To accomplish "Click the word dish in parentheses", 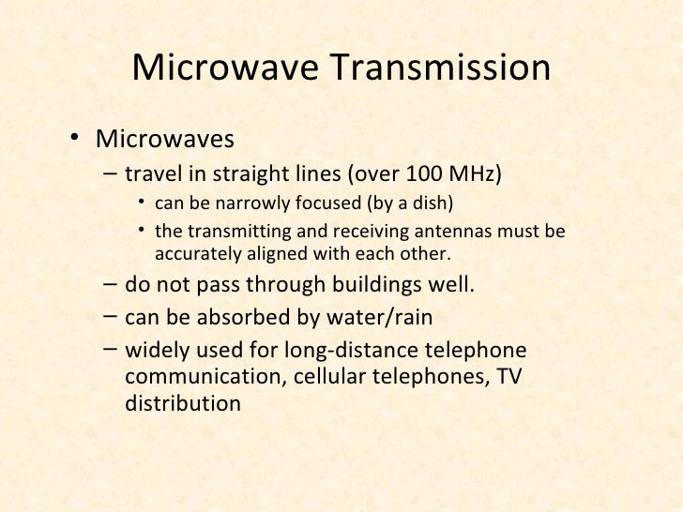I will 434,203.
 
